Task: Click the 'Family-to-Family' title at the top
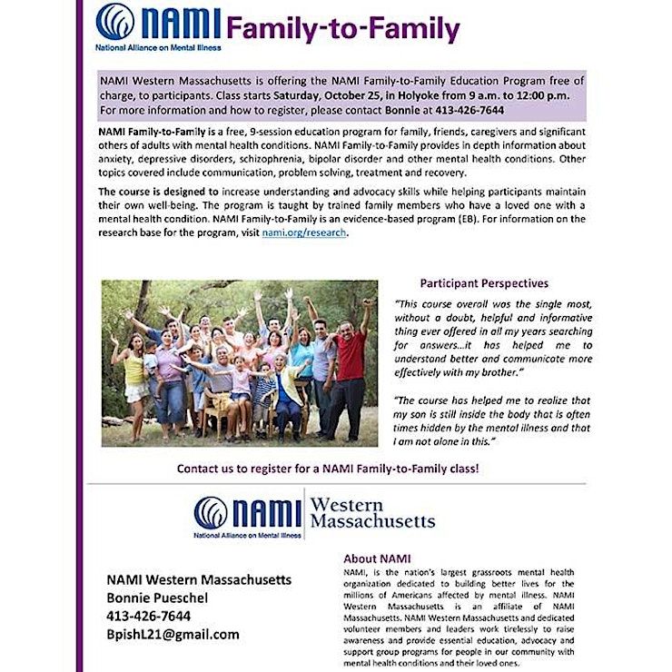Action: click(343, 29)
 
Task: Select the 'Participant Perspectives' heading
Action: click(484, 283)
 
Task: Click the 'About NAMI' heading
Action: click(378, 558)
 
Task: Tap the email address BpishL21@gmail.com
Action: click(173, 634)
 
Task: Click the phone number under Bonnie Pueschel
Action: click(149, 616)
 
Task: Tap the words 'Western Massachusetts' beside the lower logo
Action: click(372, 513)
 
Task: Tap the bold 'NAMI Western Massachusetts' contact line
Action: click(199, 579)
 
